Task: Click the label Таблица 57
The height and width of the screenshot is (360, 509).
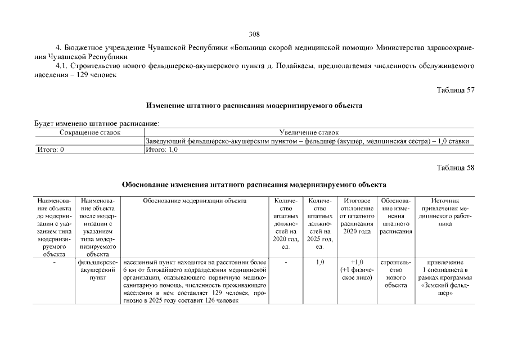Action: tap(456, 90)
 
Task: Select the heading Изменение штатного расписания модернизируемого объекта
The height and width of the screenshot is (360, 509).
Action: tap(254, 105)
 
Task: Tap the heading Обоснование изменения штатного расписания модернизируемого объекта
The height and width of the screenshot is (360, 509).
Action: tap(254, 184)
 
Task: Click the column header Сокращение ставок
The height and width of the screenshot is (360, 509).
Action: tap(90, 132)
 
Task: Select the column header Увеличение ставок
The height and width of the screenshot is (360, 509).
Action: tap(309, 132)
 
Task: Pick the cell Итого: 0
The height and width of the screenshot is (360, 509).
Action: tap(50, 150)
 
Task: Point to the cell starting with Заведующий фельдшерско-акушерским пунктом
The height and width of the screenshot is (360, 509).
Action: tap(307, 141)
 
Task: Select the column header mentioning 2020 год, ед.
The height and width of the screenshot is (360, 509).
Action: tap(285, 223)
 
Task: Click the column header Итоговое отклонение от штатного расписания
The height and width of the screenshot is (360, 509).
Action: tap(357, 215)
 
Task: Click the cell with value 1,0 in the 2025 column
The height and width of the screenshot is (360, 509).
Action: tap(320, 262)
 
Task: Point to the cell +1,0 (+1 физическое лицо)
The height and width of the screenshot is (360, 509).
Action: tap(357, 269)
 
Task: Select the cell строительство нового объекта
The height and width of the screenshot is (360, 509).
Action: tap(396, 273)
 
